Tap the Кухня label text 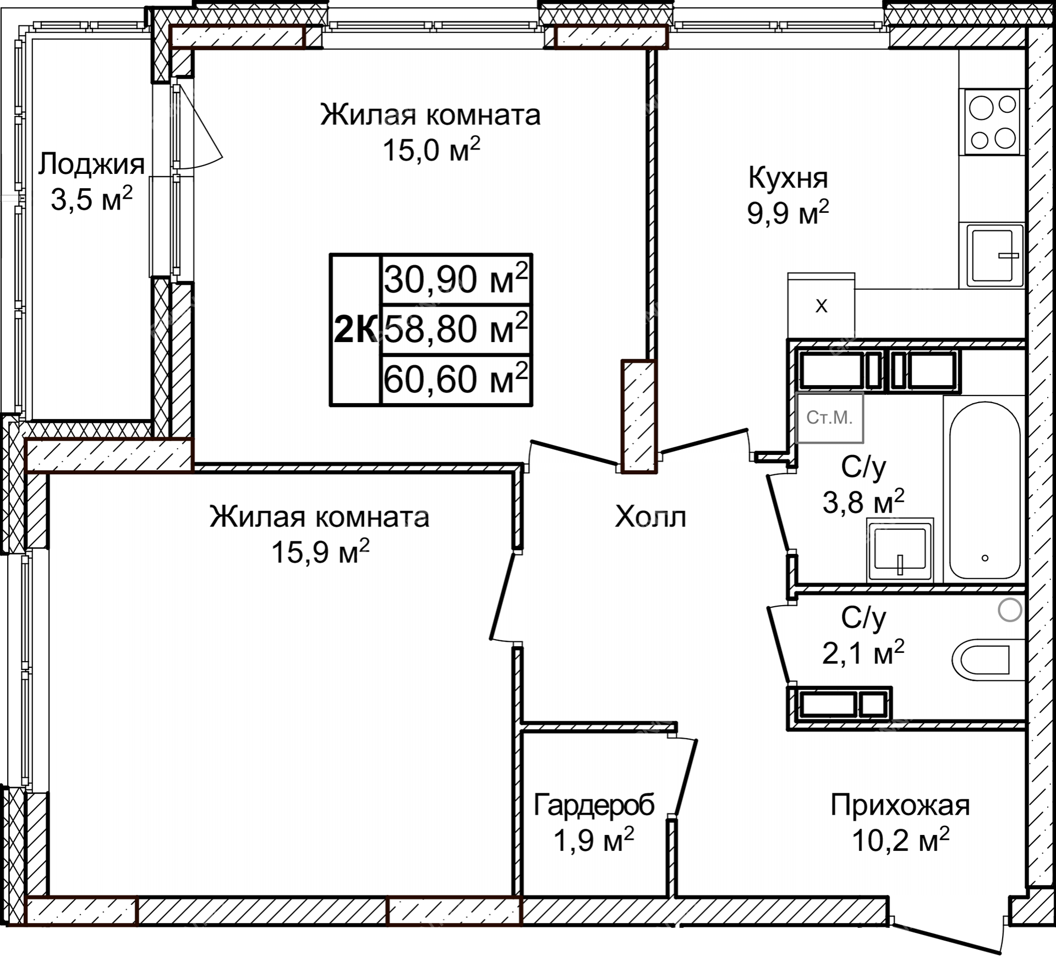(788, 178)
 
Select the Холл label (650, 517)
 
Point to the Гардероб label (594, 805)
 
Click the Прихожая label (900, 805)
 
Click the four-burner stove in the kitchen (992, 122)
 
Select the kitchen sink (992, 256)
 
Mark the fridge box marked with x (821, 306)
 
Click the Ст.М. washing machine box (829, 418)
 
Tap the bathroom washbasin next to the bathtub (900, 550)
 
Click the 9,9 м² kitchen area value (788, 213)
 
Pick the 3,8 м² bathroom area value (863, 501)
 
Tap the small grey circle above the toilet (1010, 610)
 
